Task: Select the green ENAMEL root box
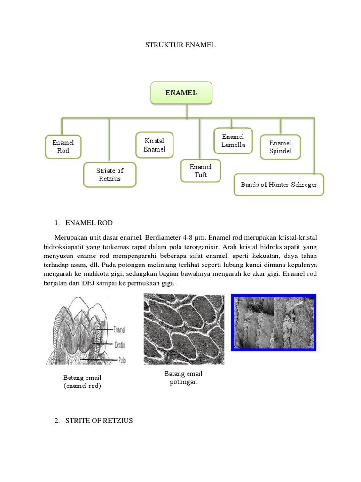tap(181, 93)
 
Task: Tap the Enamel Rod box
tap(63, 146)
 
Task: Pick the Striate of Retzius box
tap(110, 175)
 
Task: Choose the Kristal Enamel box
tap(154, 145)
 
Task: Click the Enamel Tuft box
tap(201, 171)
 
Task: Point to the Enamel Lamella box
tap(233, 141)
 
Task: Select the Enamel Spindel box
tap(280, 147)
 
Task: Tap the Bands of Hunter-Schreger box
tap(279, 185)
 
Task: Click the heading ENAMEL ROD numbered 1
tap(89, 222)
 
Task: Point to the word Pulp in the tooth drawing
tap(120, 359)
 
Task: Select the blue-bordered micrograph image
tap(274, 322)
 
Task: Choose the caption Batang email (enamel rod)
tap(82, 382)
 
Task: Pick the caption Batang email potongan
tap(183, 378)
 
